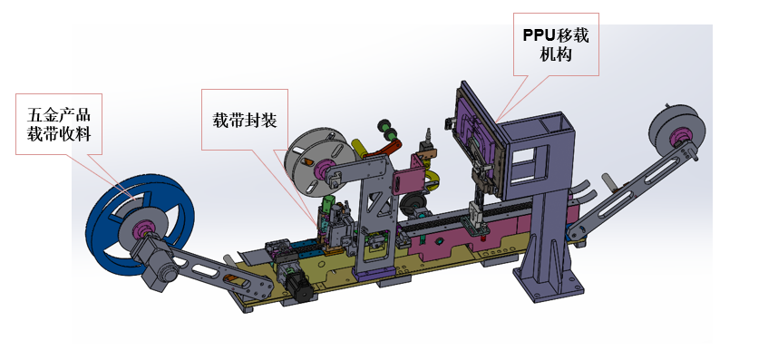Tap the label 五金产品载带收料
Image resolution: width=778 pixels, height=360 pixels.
pyautogui.click(x=59, y=124)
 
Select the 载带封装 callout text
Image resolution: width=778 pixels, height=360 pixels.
pyautogui.click(x=245, y=120)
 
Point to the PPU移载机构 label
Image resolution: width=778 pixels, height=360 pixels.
pyautogui.click(x=556, y=44)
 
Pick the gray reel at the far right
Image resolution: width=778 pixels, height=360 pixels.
pyautogui.click(x=676, y=130)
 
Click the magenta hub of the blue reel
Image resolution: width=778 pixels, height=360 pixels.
pyautogui.click(x=142, y=229)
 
